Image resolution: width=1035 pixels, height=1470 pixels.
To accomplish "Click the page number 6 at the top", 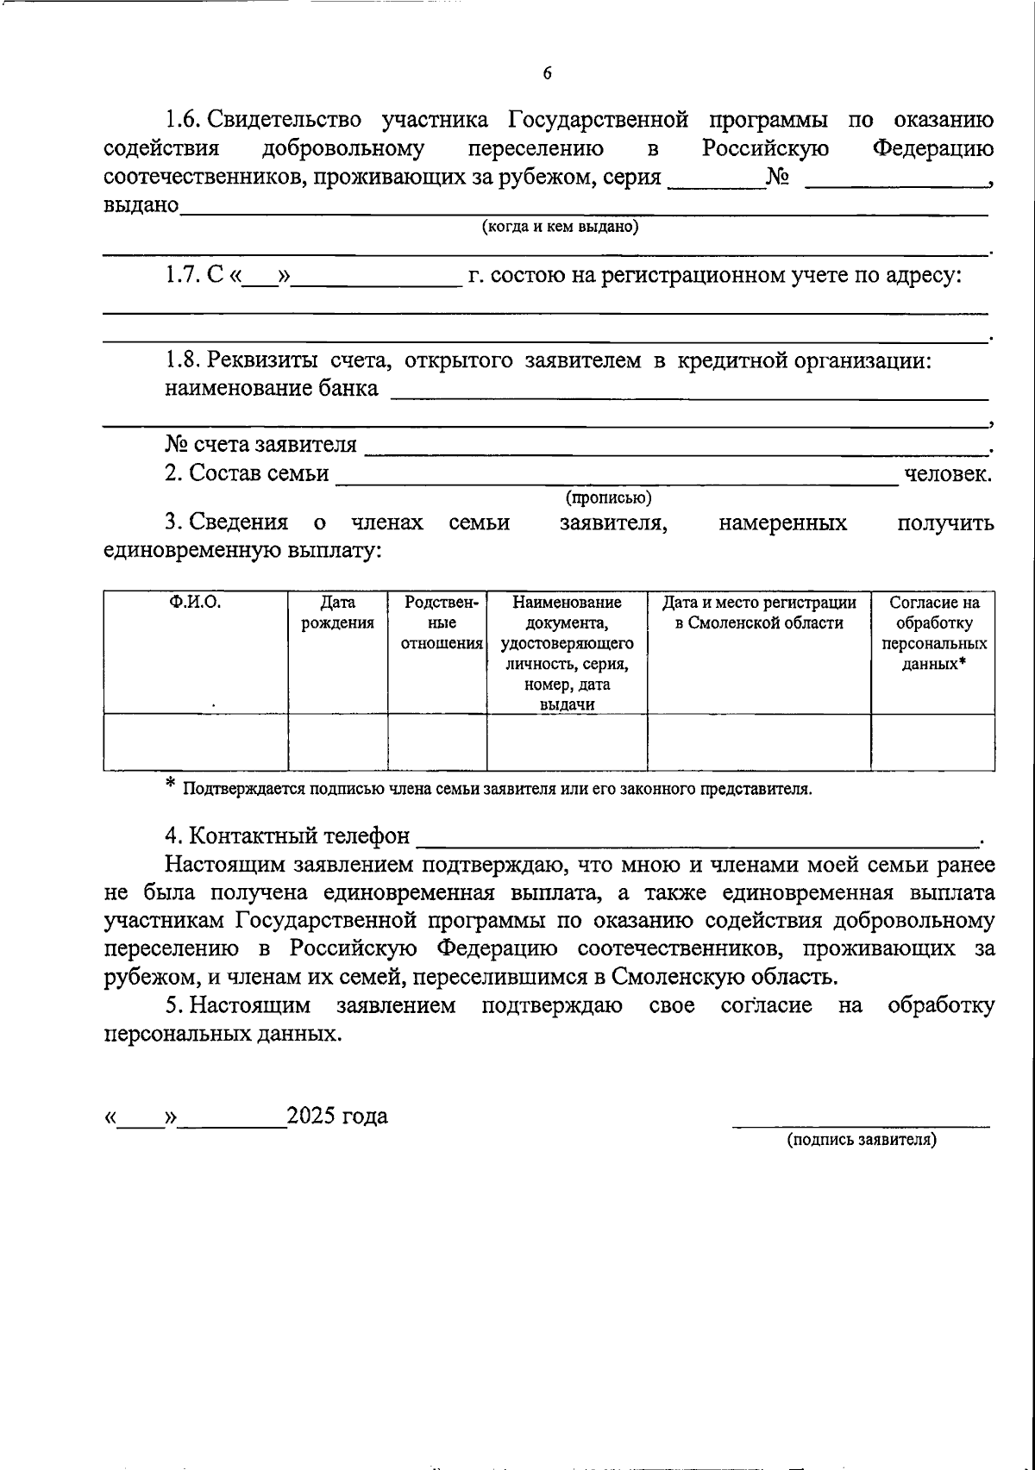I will (x=547, y=74).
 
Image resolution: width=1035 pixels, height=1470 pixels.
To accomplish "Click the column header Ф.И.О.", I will (x=195, y=603).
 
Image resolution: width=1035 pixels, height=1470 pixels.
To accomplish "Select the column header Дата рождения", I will (x=337, y=613).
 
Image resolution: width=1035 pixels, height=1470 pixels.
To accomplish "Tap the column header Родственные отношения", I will (x=437, y=622).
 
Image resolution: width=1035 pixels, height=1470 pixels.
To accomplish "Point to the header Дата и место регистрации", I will (x=759, y=613).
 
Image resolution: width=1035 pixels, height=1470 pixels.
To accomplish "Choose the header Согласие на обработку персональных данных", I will (x=934, y=633).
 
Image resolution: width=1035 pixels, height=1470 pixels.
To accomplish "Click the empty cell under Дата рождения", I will (x=337, y=742).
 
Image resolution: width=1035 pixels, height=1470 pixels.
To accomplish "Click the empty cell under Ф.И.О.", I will (x=195, y=742).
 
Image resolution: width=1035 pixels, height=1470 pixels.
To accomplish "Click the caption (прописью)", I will (x=608, y=497).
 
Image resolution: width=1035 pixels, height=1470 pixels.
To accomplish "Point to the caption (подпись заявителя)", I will (x=861, y=1139).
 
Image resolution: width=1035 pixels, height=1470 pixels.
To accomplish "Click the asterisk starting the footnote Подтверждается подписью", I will (x=170, y=783).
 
